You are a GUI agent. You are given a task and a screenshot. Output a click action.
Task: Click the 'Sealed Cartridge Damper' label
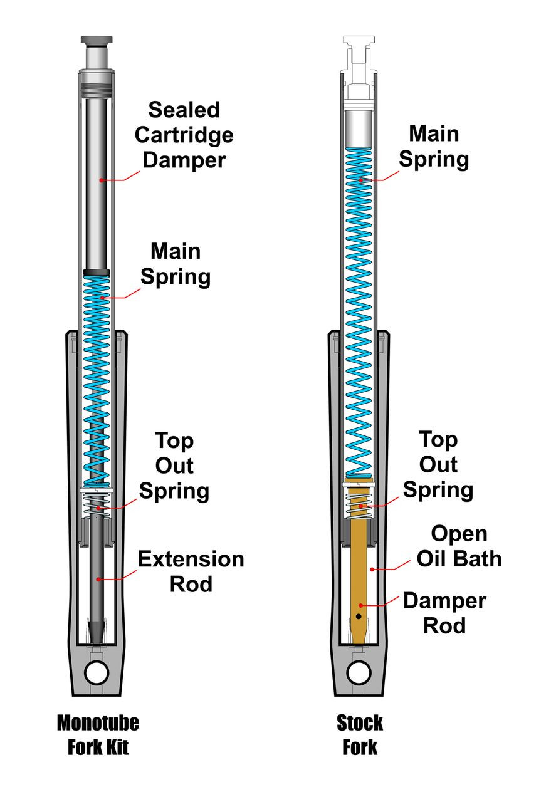[184, 135]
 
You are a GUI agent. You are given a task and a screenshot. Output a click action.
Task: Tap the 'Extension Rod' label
[191, 571]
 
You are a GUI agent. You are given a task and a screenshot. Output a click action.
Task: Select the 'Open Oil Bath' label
[459, 546]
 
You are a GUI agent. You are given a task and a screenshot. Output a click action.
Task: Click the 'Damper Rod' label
[444, 613]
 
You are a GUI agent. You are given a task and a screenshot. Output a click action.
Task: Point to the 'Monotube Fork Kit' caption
[98, 735]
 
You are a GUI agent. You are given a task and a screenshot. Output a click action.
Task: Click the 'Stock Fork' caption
[360, 735]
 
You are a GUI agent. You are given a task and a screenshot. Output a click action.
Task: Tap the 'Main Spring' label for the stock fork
[434, 147]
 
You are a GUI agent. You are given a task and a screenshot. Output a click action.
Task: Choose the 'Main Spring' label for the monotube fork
[175, 264]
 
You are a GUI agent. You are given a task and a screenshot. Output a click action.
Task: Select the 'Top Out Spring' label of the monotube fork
[174, 466]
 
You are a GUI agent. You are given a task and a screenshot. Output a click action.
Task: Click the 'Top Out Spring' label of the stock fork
[438, 464]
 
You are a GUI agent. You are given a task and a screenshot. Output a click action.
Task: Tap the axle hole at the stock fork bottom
[359, 673]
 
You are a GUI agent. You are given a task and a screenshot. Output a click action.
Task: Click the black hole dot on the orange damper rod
[358, 617]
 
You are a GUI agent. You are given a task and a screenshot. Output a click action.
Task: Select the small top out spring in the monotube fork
[97, 505]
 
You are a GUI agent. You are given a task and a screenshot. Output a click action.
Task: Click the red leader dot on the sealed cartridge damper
[100, 180]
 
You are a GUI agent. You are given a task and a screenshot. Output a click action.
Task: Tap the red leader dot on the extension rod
[98, 579]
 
